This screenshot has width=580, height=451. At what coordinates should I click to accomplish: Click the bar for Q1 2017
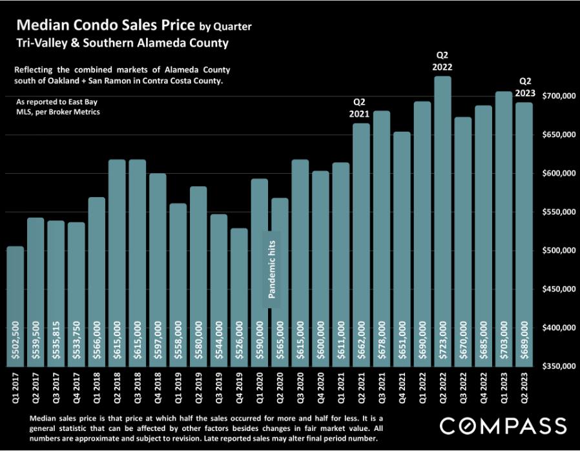(15, 306)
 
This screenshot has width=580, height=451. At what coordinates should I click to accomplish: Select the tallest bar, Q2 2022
(442, 221)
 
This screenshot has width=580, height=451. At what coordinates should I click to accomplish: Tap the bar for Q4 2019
(239, 297)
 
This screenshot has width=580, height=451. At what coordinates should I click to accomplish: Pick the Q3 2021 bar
(381, 238)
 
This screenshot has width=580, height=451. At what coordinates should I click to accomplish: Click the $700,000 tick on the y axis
(559, 96)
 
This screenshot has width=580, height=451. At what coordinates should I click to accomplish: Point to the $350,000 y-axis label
(559, 366)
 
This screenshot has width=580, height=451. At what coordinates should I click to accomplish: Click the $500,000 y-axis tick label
(559, 251)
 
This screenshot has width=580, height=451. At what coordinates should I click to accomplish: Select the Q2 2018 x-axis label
(117, 388)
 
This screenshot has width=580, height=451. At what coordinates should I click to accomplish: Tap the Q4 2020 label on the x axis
(320, 388)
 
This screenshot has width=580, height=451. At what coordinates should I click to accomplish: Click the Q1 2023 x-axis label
(504, 388)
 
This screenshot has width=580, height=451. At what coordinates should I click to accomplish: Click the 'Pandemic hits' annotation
(271, 269)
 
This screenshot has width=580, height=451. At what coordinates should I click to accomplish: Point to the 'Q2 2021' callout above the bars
(359, 108)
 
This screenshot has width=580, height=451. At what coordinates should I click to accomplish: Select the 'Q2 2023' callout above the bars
(525, 87)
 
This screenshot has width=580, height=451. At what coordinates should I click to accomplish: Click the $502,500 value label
(15, 340)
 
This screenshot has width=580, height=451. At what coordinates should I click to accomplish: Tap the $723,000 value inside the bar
(442, 340)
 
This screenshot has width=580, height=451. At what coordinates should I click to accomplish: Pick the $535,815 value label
(56, 340)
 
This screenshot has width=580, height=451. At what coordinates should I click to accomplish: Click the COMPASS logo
(503, 426)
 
